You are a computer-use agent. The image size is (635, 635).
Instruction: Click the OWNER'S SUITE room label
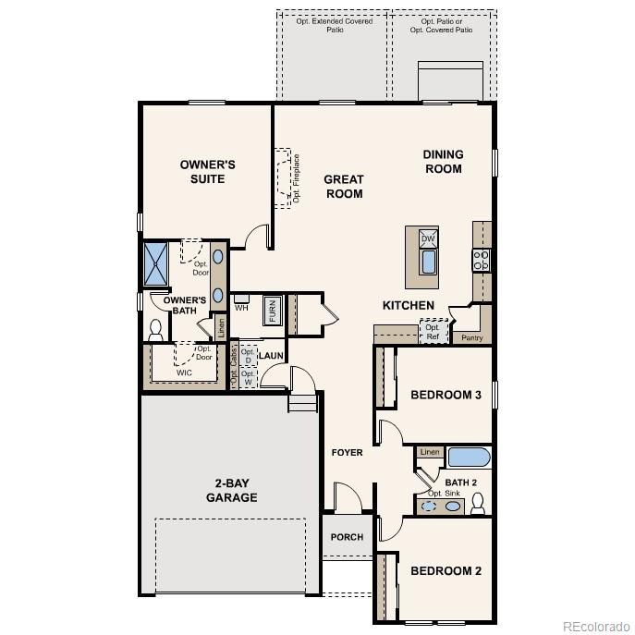pyautogui.click(x=207, y=171)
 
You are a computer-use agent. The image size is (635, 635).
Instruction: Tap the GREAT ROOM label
pyautogui.click(x=343, y=187)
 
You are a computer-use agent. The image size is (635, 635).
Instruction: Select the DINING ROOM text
pyautogui.click(x=443, y=162)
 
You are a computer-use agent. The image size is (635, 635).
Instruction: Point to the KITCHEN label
pyautogui.click(x=409, y=305)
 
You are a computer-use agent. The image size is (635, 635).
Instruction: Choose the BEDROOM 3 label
pyautogui.click(x=446, y=395)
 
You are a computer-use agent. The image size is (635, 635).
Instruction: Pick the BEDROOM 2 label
pyautogui.click(x=446, y=570)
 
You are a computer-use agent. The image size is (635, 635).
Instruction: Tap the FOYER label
pyautogui.click(x=348, y=452)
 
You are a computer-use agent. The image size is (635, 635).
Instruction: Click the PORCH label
pyautogui.click(x=347, y=537)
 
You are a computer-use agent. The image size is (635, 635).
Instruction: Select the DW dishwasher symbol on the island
pyautogui.click(x=428, y=238)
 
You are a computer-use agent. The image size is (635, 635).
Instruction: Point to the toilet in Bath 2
pyautogui.click(x=478, y=503)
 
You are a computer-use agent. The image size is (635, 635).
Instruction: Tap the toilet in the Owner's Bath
pyautogui.click(x=155, y=329)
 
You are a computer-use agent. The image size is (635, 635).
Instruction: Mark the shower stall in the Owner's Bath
pyautogui.click(x=154, y=263)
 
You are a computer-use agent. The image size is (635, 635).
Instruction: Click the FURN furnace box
pyautogui.click(x=273, y=311)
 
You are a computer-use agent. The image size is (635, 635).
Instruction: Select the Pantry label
pyautogui.click(x=471, y=338)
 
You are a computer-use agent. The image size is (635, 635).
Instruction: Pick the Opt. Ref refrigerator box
pyautogui.click(x=432, y=331)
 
